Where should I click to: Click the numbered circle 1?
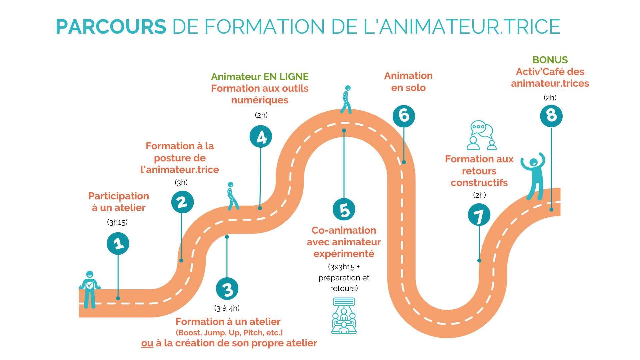[118, 243]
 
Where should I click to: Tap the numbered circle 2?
[182, 202]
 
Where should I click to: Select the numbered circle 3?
[227, 289]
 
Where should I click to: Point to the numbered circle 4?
[261, 137]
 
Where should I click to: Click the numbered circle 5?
[344, 209]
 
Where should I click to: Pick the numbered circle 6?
[404, 116]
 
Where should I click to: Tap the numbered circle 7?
[479, 215]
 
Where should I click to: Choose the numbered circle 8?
[551, 116]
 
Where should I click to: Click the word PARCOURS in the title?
[111, 27]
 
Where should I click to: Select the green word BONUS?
[550, 60]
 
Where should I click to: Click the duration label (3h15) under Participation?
[117, 222]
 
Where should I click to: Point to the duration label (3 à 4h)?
[227, 308]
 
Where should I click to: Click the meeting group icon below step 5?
[344, 316]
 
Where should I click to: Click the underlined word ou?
[147, 343]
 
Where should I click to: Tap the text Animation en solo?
[408, 82]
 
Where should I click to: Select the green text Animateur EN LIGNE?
[260, 77]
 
